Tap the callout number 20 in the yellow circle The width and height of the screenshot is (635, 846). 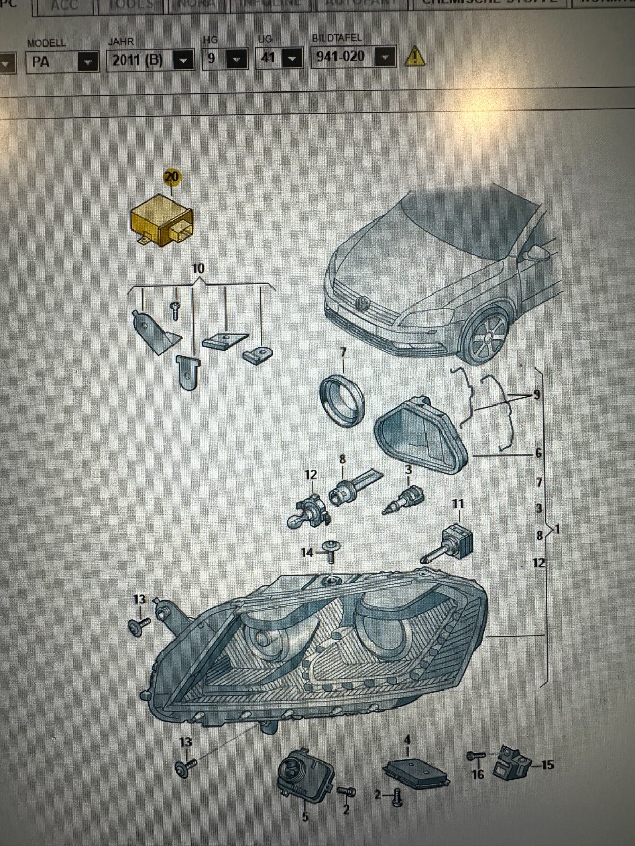(172, 177)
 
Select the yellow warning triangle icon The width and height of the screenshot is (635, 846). (415, 56)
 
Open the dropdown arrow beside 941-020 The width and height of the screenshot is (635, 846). (386, 56)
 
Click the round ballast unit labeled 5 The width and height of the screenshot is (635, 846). (303, 775)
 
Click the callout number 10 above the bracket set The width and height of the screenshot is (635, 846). (198, 269)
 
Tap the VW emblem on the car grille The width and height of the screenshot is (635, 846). (364, 303)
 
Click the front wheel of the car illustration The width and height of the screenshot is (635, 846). (486, 336)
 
